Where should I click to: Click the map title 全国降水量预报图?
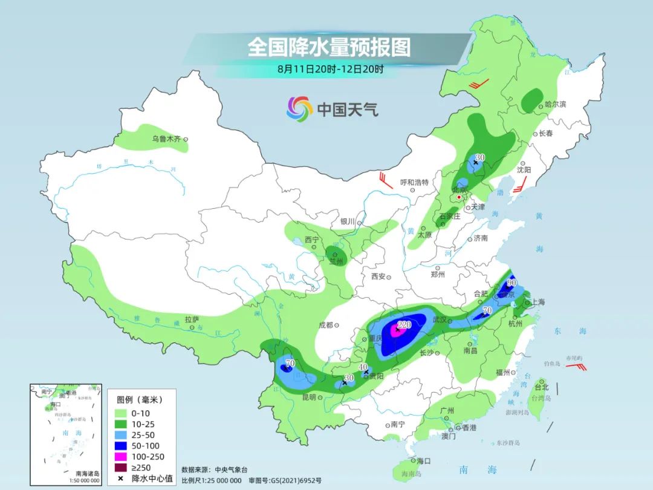[329, 47]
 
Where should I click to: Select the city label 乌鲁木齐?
[166, 139]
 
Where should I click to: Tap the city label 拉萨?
[192, 319]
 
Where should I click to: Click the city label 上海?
[537, 302]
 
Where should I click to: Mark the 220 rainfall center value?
[404, 325]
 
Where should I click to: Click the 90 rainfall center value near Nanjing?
[512, 283]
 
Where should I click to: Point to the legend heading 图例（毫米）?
[140, 400]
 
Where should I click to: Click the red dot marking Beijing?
[460, 197]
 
